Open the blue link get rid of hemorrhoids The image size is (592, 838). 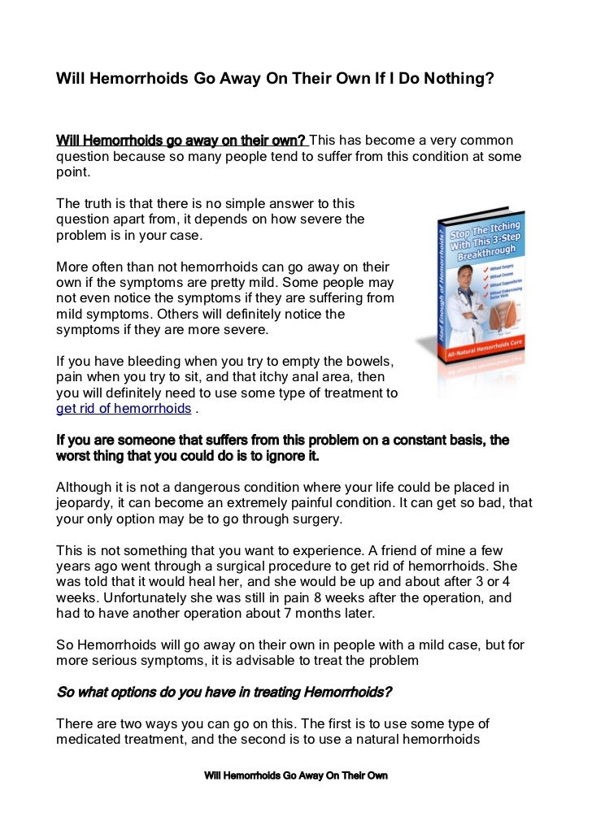coord(123,409)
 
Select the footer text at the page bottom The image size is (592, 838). coord(296,776)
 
